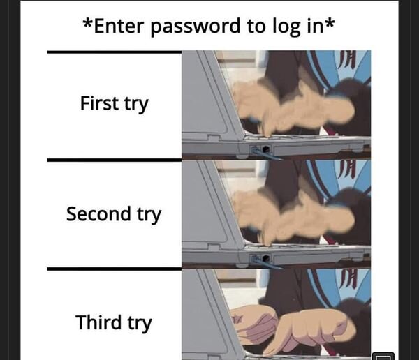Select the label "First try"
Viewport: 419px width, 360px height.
114,105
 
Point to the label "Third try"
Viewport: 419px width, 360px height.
114,323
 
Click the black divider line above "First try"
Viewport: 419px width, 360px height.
114,52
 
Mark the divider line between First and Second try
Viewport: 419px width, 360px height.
114,160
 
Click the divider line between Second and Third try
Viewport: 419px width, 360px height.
114,268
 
